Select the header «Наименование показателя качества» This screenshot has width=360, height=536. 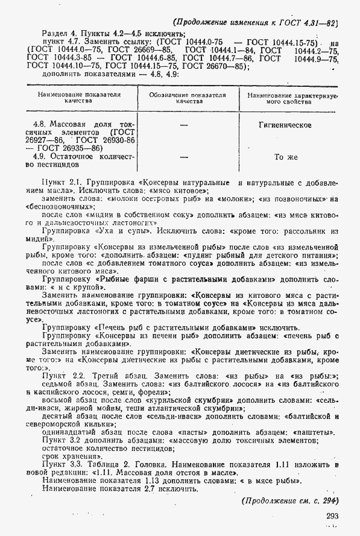[x=75, y=99]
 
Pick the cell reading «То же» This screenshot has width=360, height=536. [x=286, y=157]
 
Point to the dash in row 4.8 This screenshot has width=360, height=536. [x=184, y=125]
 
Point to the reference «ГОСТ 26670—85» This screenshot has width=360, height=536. [x=213, y=66]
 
